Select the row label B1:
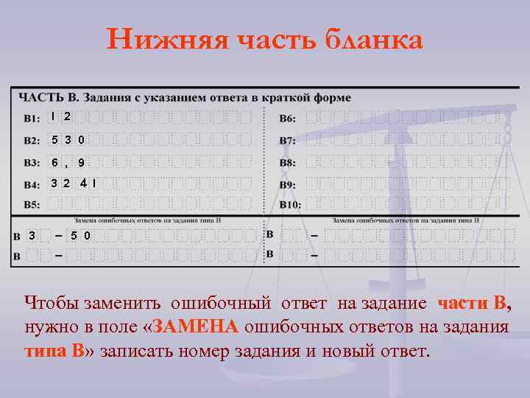click(32, 118)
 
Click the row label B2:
click(32, 140)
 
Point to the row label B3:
click(32, 162)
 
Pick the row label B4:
click(32, 185)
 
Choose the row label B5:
click(32, 204)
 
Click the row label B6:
click(289, 118)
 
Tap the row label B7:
click(289, 140)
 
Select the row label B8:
click(289, 162)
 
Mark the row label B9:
click(289, 185)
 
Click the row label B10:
click(291, 204)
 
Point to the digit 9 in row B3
click(81, 162)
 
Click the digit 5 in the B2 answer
click(54, 139)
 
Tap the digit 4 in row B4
click(85, 182)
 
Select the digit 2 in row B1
click(67, 116)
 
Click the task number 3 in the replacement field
click(31, 236)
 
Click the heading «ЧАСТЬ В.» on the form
click(49, 97)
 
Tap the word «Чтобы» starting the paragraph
click(52, 303)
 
